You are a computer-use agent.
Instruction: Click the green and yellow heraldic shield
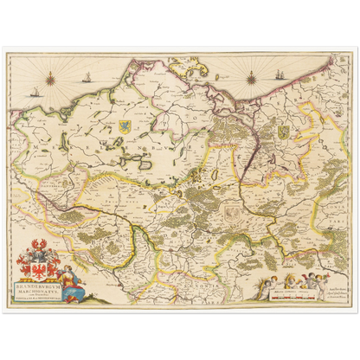(x=282, y=130)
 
